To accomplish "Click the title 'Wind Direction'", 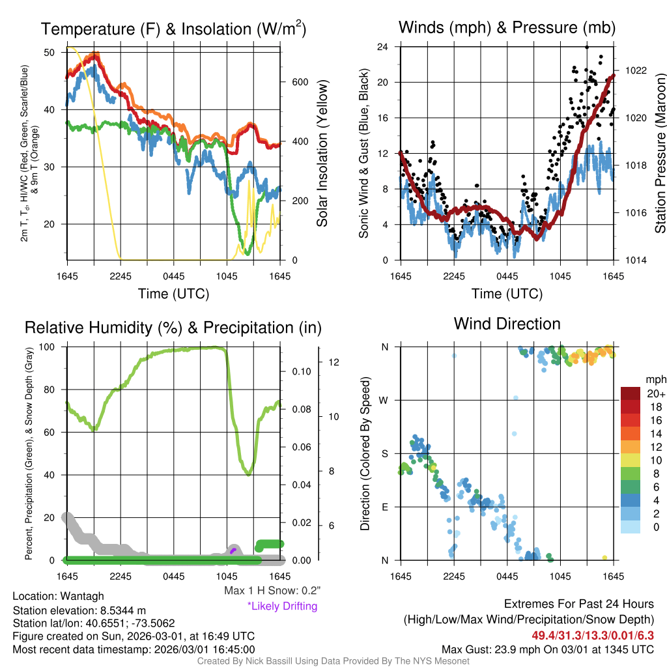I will pos(507,324).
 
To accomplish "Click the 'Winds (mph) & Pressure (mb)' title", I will pos(507,27).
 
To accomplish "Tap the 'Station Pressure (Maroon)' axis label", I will pos(660,153).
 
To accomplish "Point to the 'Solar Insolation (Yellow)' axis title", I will pos(322,153).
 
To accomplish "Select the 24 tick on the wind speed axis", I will pos(383,47).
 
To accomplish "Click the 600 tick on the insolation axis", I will pos(299,82).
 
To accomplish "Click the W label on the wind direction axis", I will pos(385,400).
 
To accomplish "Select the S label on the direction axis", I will pos(386,453).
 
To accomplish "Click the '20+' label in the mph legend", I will pos(655,393).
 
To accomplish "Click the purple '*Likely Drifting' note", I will pos(282,606).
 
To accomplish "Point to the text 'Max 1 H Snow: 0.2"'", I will pos(272,591).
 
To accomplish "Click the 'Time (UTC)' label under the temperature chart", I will pos(173,294).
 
